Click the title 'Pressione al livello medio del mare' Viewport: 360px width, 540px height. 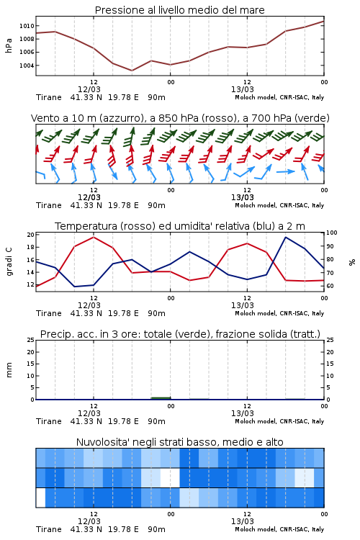tap(179, 10)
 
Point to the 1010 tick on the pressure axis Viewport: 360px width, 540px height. tap(27, 26)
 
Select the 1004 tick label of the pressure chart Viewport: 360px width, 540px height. tap(27, 66)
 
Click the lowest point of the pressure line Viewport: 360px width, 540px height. tap(132, 71)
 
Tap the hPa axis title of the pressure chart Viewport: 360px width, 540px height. tap(9, 45)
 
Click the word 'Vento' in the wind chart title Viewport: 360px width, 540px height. tap(46, 118)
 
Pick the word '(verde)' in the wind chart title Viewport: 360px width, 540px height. tap(312, 118)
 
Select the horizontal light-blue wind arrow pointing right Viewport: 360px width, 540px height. tap(286, 171)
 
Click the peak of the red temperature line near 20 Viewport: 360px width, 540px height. tap(94, 237)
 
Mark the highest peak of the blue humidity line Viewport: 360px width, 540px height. tap(285, 237)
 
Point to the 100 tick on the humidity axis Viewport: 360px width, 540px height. tap(332, 233)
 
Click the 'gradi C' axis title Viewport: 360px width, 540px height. tap(9, 261)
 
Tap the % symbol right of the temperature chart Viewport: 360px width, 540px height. tap(352, 262)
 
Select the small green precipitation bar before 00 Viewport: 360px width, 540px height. tap(161, 398)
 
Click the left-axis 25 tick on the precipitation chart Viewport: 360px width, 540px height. tap(31, 340)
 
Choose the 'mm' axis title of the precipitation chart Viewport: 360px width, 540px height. tap(9, 369)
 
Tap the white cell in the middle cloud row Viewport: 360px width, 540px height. tap(170, 477)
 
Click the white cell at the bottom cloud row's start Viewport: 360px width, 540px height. tap(40, 498)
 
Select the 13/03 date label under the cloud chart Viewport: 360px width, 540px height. tap(243, 521)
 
